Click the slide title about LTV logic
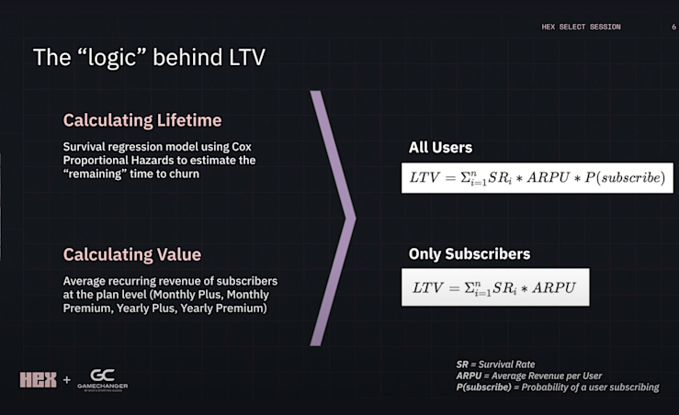point(151,58)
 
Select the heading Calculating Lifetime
point(141,120)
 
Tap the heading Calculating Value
point(131,254)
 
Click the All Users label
point(440,147)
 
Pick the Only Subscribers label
point(470,253)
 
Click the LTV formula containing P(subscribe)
point(538,176)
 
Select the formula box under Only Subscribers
point(494,287)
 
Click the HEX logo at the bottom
point(38,379)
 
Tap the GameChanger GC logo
point(102,378)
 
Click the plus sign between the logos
point(66,380)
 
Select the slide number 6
point(673,27)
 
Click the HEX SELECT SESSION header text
point(581,27)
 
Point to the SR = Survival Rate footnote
point(495,365)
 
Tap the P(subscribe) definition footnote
point(557,387)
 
